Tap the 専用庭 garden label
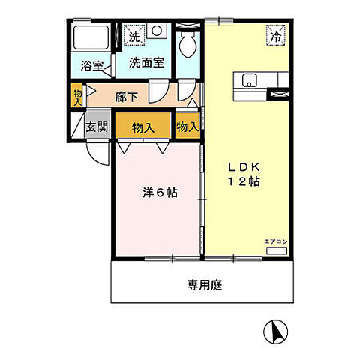pos(204,285)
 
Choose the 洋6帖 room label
pos(160,192)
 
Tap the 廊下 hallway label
pos(127,96)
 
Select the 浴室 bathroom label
pos(91,65)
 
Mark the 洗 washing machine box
pos(133,36)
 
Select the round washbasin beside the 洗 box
pos(157,32)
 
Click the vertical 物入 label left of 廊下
pos(77,94)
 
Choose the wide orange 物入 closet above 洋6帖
pos(144,127)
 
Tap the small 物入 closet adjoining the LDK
pos(187,127)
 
